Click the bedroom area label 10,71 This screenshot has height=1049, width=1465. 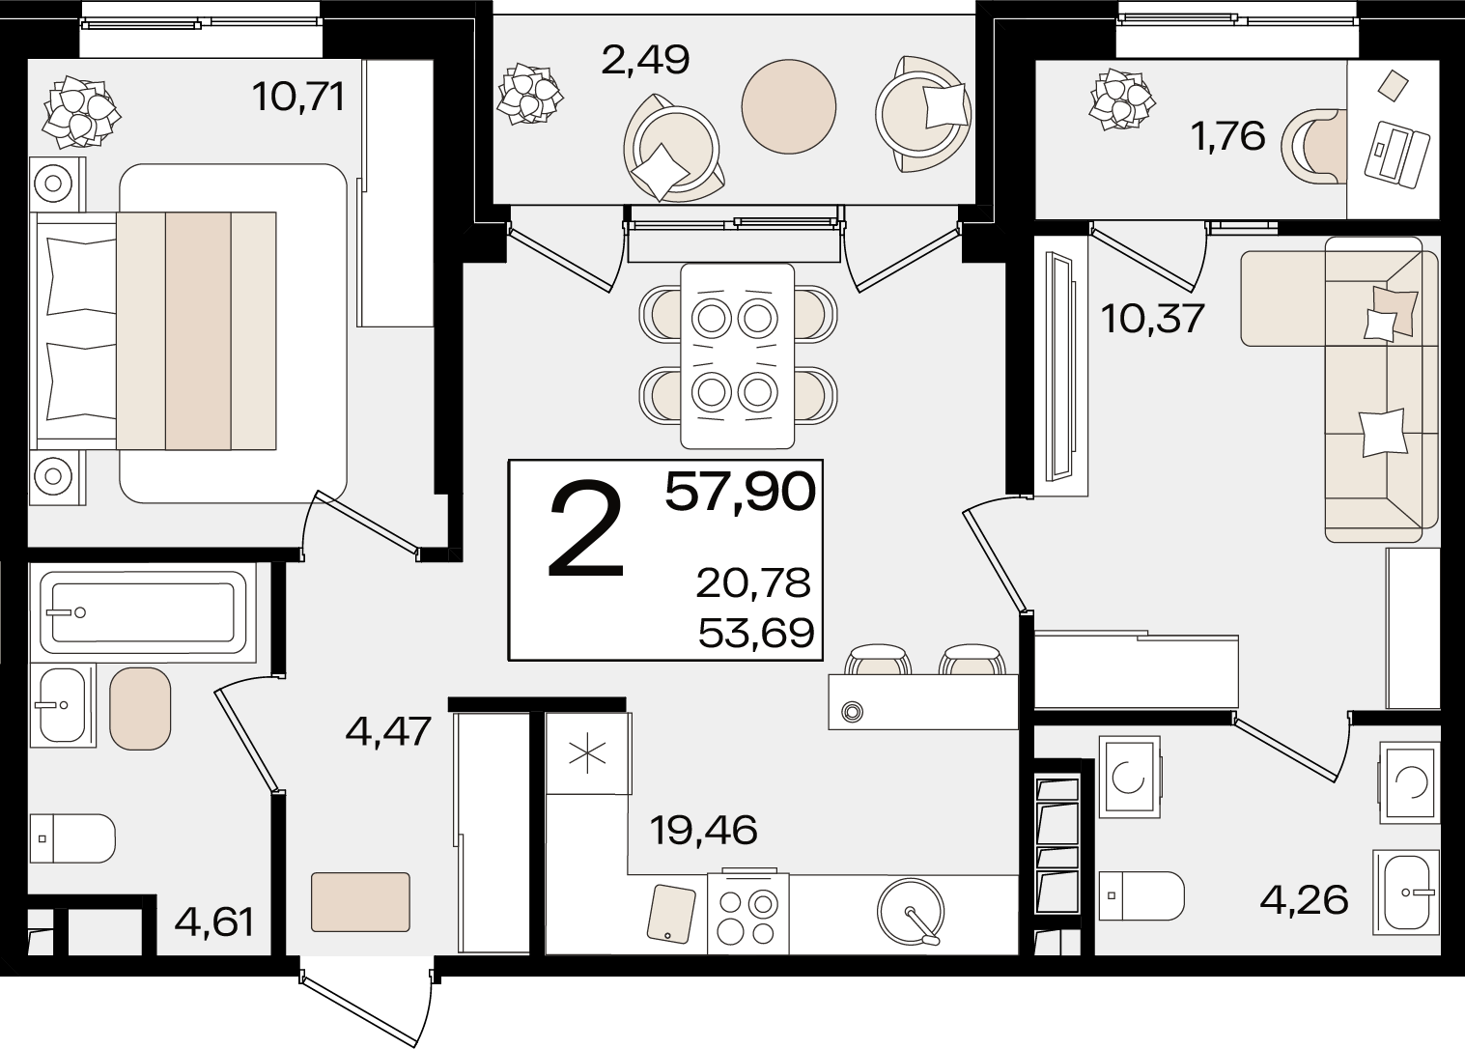pyautogui.click(x=298, y=99)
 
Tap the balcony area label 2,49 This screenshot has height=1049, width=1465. pyautogui.click(x=645, y=61)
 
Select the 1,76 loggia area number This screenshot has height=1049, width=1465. pyautogui.click(x=1228, y=137)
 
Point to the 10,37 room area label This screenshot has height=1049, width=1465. pyautogui.click(x=1152, y=319)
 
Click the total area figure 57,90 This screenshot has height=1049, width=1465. pyautogui.click(x=741, y=492)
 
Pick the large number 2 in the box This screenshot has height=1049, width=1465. pyautogui.click(x=586, y=528)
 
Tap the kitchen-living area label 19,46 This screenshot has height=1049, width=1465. pyautogui.click(x=704, y=831)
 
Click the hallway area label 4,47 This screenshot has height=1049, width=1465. pyautogui.click(x=388, y=731)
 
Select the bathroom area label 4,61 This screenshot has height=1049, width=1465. pyautogui.click(x=213, y=922)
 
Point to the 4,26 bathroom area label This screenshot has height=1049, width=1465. pyautogui.click(x=1304, y=900)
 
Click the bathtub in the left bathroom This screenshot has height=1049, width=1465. pyautogui.click(x=143, y=612)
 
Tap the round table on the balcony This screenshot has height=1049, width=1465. pyautogui.click(x=789, y=106)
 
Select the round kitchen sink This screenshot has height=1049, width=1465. pyautogui.click(x=911, y=912)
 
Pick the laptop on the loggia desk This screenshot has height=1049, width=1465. pyautogui.click(x=1397, y=155)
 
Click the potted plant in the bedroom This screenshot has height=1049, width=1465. pyautogui.click(x=80, y=112)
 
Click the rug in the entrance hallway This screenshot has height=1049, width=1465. pyautogui.click(x=360, y=902)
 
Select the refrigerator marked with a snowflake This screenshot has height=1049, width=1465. pyautogui.click(x=589, y=752)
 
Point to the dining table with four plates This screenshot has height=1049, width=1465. pyautogui.click(x=738, y=355)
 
